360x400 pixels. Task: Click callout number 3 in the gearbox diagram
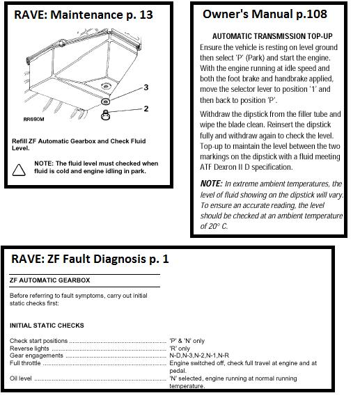[146, 88]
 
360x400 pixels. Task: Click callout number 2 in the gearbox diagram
[146, 109]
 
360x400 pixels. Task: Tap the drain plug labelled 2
[105, 115]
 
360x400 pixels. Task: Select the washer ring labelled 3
[105, 102]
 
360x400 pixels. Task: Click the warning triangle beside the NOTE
[19, 170]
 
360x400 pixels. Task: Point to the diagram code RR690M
[33, 119]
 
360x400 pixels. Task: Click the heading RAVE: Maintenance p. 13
[84, 15]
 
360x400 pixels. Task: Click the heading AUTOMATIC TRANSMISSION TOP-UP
[272, 36]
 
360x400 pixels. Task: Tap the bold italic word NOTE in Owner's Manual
[212, 184]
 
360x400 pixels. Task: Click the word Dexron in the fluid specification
[225, 167]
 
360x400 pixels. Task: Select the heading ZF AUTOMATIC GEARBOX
[50, 280]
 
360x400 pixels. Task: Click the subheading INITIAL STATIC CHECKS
[47, 326]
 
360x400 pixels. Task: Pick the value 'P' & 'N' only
[187, 341]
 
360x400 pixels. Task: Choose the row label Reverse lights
[29, 349]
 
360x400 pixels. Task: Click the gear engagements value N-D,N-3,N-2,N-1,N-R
[199, 355]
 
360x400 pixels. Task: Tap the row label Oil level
[21, 378]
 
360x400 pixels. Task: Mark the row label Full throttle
[25, 363]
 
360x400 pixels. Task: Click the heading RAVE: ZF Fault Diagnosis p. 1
[90, 259]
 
